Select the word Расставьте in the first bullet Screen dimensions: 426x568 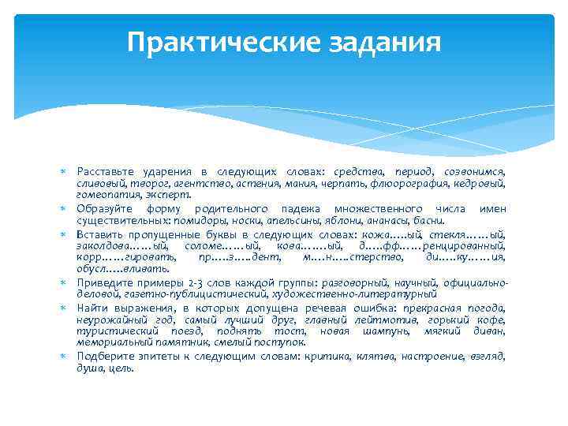tap(106, 171)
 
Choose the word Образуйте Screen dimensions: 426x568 tap(106, 209)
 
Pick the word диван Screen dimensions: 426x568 tap(489, 331)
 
